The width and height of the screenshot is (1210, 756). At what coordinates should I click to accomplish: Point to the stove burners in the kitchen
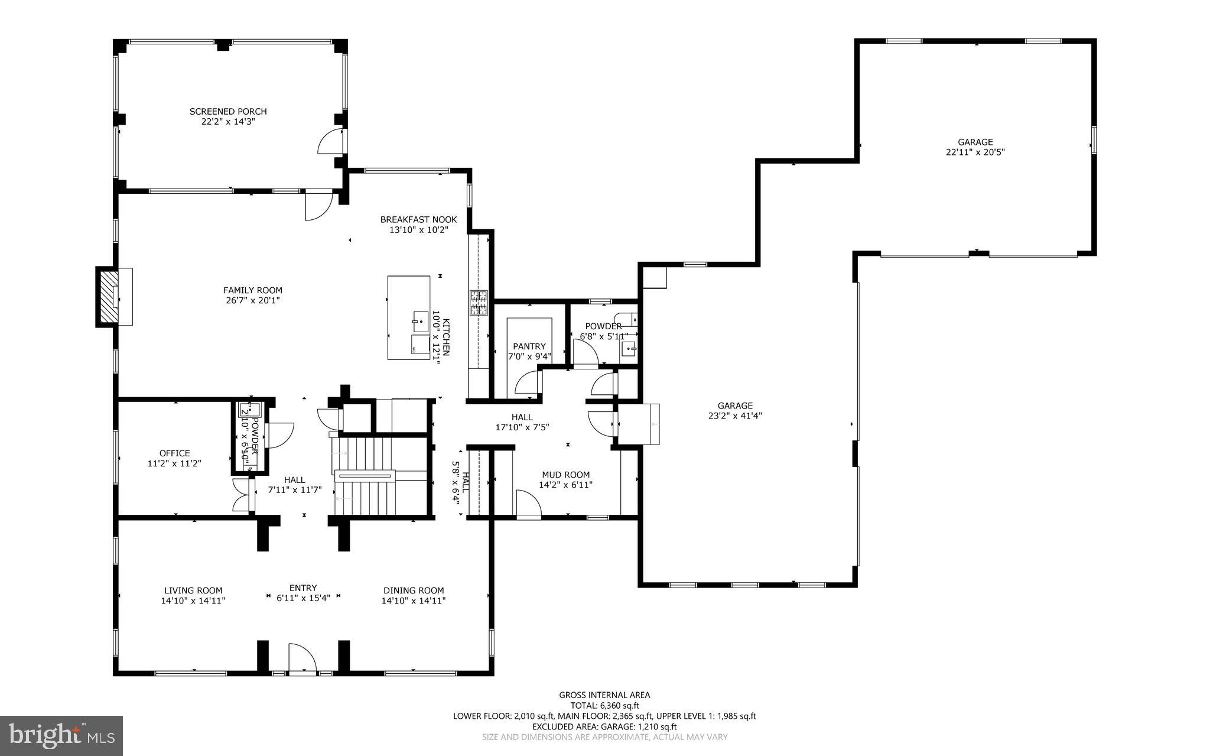(x=478, y=303)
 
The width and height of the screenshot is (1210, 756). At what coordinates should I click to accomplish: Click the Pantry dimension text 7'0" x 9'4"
(x=529, y=356)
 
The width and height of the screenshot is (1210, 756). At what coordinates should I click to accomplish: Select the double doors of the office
(x=241, y=494)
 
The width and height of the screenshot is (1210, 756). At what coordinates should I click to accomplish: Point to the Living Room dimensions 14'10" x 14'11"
(x=193, y=601)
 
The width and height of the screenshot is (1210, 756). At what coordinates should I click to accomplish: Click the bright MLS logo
(x=61, y=735)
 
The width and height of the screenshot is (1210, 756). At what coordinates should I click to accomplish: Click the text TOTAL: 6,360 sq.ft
(x=604, y=705)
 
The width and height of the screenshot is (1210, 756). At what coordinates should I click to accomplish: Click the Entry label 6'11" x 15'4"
(x=302, y=593)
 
